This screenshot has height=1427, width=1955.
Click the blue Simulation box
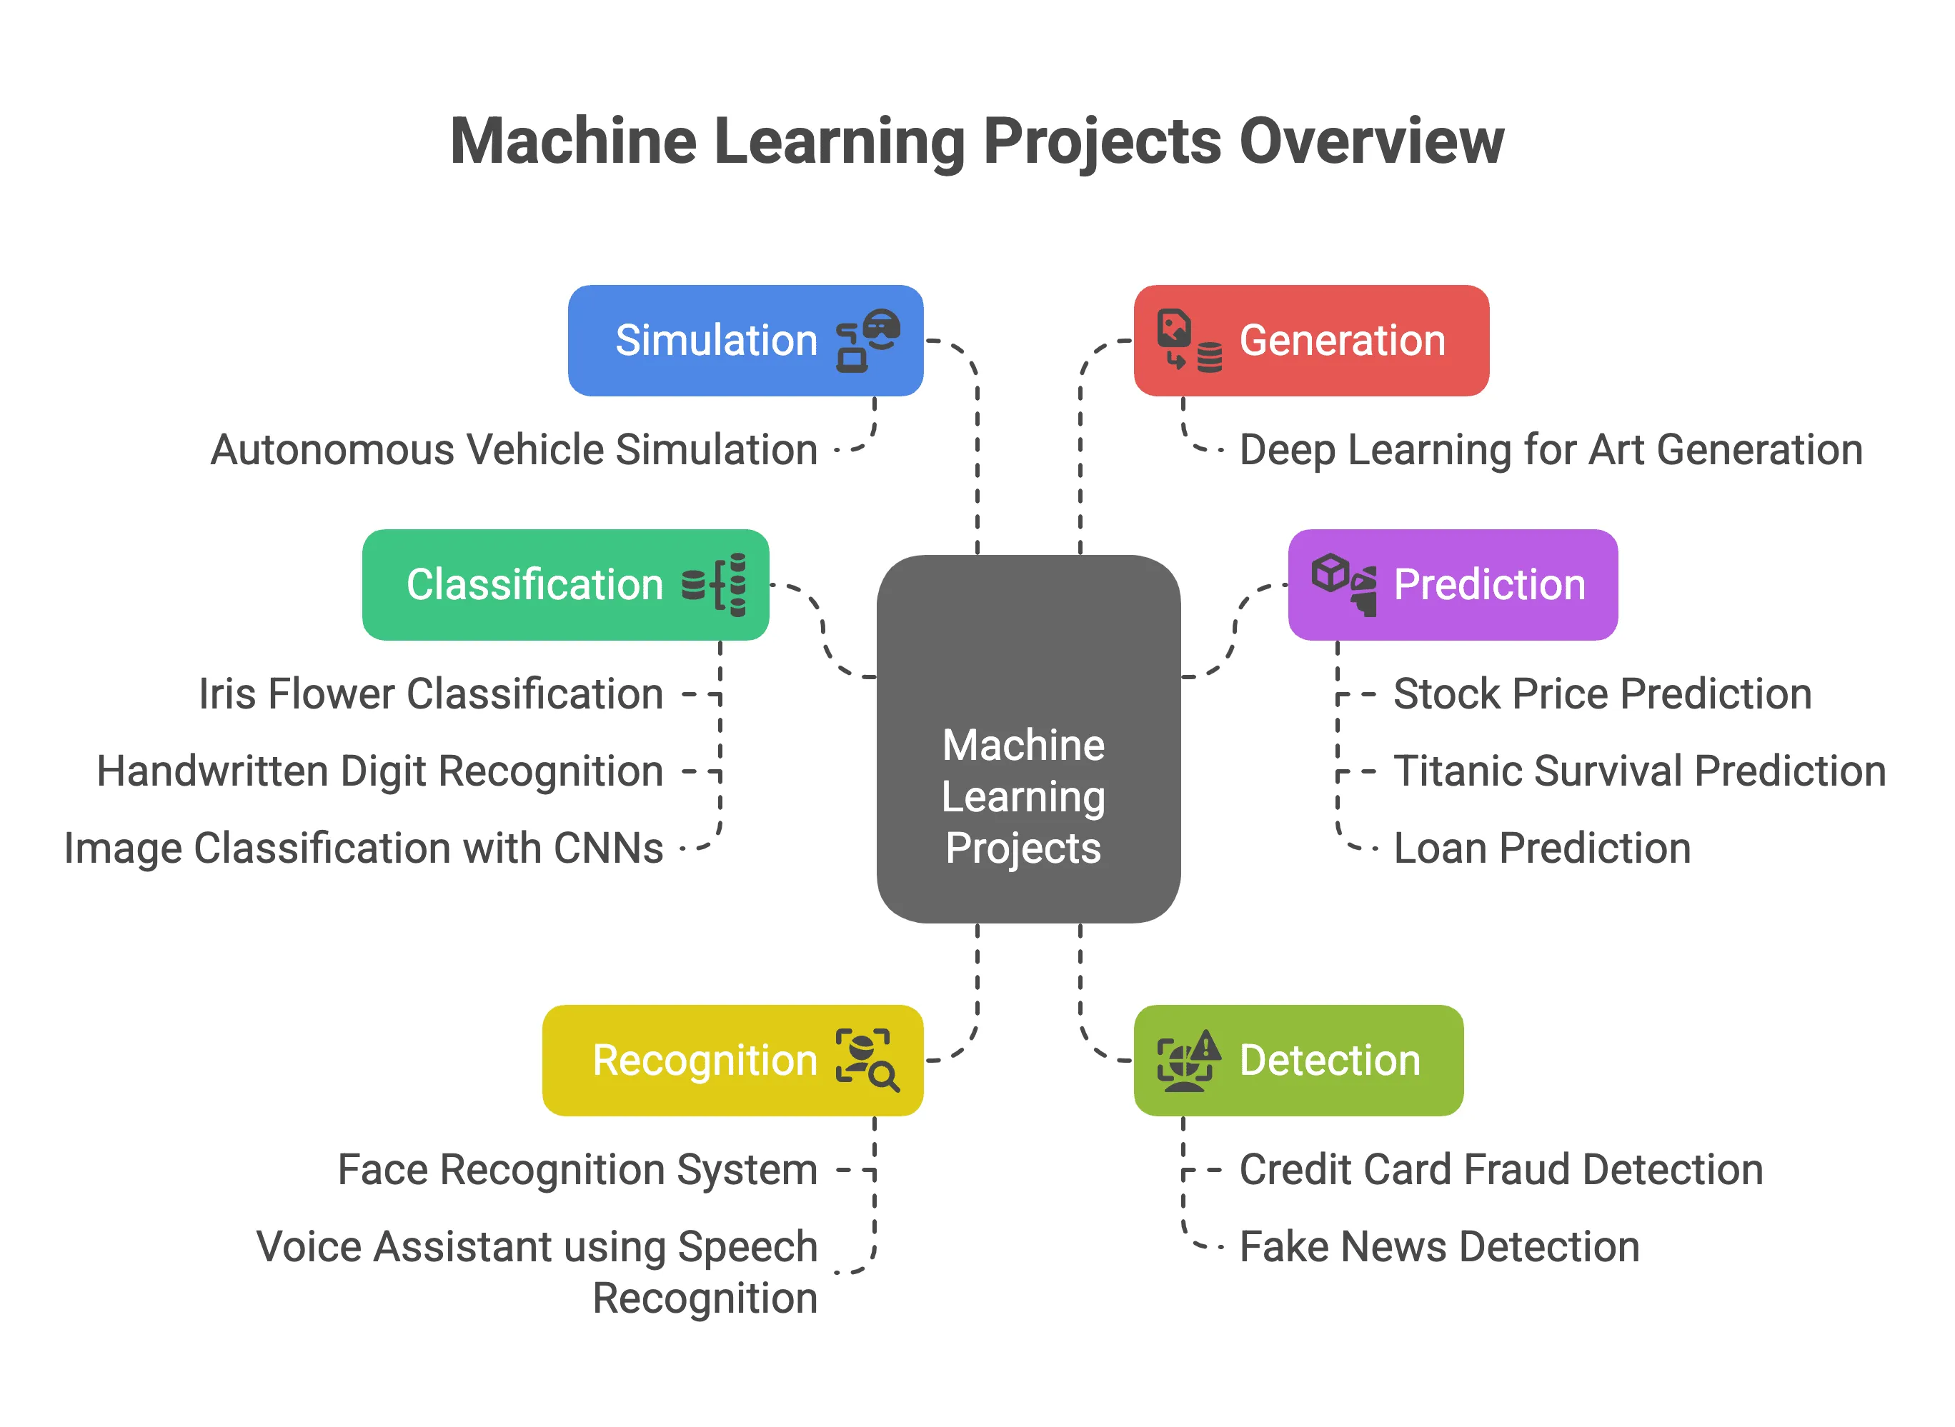(745, 341)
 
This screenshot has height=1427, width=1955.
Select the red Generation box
(1310, 341)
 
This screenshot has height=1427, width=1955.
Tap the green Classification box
(565, 585)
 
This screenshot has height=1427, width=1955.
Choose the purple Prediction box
(1452, 585)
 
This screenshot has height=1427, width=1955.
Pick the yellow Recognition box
(732, 1060)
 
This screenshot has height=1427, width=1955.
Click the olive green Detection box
(1298, 1060)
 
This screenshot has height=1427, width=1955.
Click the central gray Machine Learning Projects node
(1028, 738)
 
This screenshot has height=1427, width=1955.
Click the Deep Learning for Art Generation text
(1551, 450)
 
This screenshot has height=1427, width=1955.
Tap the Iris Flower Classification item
(430, 694)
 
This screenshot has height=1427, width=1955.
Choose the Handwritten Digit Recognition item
(379, 771)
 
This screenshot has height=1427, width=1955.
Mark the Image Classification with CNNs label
(363, 848)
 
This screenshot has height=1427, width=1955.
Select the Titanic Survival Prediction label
(1638, 771)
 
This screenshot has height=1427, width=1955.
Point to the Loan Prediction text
(1542, 848)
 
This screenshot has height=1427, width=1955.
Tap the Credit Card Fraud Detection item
(1501, 1170)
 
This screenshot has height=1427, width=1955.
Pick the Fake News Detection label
(1439, 1246)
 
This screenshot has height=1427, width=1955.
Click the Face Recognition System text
(577, 1170)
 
